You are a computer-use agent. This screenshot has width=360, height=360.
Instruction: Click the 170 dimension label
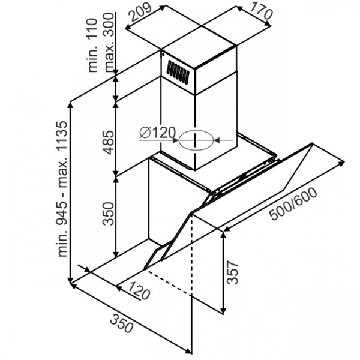click(261, 11)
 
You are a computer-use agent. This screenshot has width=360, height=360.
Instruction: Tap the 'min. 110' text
click(93, 45)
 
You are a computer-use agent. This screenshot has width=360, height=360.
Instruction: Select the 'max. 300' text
click(109, 42)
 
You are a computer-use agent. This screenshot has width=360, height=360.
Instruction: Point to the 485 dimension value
click(109, 142)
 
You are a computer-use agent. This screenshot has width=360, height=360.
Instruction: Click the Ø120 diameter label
click(157, 133)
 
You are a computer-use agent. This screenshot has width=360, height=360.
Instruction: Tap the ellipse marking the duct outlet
click(196, 140)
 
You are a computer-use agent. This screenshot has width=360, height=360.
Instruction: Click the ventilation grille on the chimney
click(178, 71)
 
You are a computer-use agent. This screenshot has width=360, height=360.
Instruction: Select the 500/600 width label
click(293, 203)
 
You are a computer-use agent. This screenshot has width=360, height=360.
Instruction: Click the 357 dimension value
click(233, 272)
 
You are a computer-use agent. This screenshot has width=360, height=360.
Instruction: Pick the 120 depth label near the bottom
click(139, 290)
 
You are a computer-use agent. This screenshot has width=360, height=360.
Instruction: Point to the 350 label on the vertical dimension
click(109, 214)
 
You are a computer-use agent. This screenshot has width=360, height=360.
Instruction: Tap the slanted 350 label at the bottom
click(122, 323)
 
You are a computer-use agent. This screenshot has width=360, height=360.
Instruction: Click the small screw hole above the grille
click(163, 55)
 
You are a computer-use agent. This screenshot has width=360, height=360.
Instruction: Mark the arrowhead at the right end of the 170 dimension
click(268, 24)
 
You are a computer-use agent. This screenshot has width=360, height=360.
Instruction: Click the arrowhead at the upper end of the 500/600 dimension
click(342, 163)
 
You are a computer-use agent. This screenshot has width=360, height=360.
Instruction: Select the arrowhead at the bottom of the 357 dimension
click(223, 310)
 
